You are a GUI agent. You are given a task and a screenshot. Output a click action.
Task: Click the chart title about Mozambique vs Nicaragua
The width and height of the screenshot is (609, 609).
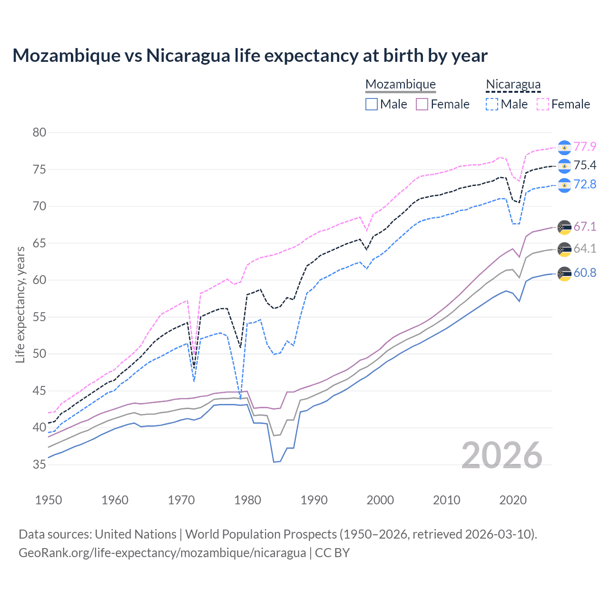(x=250, y=56)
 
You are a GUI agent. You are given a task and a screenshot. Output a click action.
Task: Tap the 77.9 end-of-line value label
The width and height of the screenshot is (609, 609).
(x=585, y=147)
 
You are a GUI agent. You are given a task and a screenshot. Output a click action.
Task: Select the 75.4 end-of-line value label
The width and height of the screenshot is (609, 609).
(x=585, y=165)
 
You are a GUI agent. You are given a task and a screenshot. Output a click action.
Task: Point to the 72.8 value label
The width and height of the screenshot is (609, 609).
(x=585, y=184)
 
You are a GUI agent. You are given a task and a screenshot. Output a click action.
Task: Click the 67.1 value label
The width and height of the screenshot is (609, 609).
(x=585, y=226)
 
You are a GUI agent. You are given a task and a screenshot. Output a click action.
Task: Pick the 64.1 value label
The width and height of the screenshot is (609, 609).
(x=585, y=248)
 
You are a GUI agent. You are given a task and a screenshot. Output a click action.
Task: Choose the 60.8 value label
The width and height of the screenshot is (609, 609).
(x=585, y=273)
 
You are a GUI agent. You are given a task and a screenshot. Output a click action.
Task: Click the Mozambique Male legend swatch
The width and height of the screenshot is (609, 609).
(x=372, y=104)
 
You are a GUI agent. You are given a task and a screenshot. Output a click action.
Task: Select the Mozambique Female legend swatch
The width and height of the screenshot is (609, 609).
(x=422, y=104)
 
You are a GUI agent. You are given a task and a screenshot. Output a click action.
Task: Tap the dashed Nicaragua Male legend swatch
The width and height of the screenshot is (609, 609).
(x=492, y=104)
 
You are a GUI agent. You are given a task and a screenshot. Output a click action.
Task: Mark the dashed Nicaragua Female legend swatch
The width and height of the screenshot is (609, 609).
(x=543, y=104)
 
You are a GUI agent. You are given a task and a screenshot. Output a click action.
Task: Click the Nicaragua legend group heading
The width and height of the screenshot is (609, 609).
(x=513, y=84)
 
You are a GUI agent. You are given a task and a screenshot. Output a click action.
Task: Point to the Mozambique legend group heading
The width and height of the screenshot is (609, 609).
(x=400, y=84)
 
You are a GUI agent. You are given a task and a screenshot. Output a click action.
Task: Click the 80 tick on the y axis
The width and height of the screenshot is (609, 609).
(x=39, y=132)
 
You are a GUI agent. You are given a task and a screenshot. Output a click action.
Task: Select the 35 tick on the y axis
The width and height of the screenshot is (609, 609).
(x=39, y=464)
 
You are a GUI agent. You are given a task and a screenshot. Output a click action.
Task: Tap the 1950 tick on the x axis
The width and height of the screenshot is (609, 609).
(x=49, y=500)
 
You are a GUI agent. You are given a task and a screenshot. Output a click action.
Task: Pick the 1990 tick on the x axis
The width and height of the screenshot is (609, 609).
(x=314, y=500)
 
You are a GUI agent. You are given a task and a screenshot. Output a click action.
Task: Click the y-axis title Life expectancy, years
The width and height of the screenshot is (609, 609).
(x=20, y=304)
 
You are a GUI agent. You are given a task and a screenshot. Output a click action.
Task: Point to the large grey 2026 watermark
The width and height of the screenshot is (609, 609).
(x=502, y=455)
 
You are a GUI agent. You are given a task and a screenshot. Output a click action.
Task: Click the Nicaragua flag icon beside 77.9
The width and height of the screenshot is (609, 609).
(x=564, y=147)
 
